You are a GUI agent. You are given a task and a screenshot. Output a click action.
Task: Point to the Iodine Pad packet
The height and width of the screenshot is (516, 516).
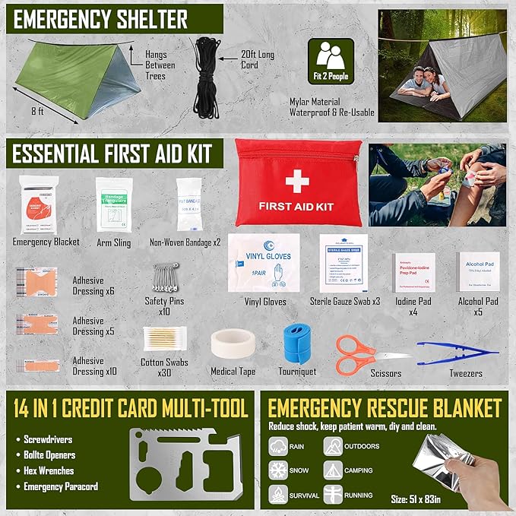coord(414,272)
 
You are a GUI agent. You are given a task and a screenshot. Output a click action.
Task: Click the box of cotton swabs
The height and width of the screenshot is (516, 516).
coord(165,339)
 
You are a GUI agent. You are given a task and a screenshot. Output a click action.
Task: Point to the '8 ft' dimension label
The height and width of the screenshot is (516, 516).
coord(39,111)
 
